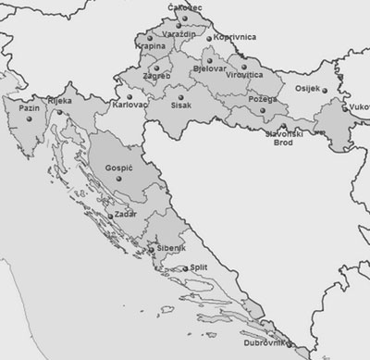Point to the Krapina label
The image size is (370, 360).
[x=151, y=45]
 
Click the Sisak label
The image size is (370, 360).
[x=182, y=106]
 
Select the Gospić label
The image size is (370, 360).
[x=120, y=172]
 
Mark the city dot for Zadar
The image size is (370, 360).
[x=110, y=217]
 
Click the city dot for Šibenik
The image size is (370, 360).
[x=151, y=247]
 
